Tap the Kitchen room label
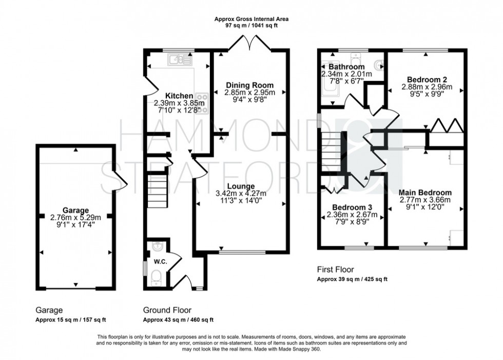tap(179, 96)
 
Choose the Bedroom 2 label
tap(427, 79)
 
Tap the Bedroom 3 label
tap(352, 207)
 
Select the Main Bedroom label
tap(425, 192)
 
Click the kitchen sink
tap(179, 61)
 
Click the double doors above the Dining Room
tap(249, 43)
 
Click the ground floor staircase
tap(156, 185)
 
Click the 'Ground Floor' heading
tap(167, 310)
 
